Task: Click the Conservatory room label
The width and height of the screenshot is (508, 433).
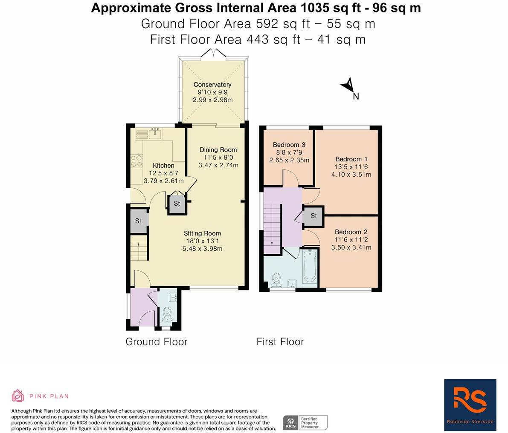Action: coord(212,84)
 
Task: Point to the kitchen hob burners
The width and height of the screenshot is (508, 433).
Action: coord(136,161)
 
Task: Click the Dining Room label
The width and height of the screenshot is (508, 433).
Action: coord(218,150)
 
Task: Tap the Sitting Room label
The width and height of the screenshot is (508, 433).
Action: coord(202,233)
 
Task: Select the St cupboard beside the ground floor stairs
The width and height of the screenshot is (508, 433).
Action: coord(139,221)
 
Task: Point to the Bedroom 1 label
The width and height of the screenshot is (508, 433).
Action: coord(351,159)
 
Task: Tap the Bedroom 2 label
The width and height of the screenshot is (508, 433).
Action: coord(351,232)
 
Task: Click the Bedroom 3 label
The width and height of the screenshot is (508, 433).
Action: coord(289,145)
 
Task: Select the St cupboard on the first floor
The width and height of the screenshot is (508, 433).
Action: coord(314,216)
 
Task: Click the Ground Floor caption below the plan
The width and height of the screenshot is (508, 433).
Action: coord(157,341)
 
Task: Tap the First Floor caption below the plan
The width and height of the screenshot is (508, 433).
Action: coord(280,341)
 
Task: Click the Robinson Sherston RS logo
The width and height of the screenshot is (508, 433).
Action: coord(470,404)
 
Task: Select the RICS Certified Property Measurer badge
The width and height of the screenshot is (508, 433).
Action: coord(305,422)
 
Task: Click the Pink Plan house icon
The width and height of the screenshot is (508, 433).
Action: coord(17,396)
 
